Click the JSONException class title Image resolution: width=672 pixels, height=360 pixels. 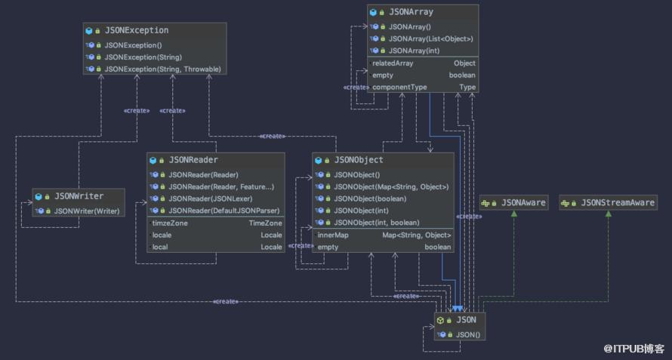pyautogui.click(x=137, y=30)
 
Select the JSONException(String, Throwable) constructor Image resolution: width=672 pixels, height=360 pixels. pyautogui.click(x=163, y=69)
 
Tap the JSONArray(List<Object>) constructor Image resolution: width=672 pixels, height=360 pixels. pyautogui.click(x=430, y=38)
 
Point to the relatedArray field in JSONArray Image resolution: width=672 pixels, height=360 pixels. pyautogui.click(x=393, y=63)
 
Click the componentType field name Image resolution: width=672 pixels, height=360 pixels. pyautogui.click(x=399, y=87)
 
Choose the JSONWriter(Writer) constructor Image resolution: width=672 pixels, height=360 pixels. pyautogui.click(x=87, y=211)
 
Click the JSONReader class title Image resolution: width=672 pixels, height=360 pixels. pyautogui.click(x=193, y=160)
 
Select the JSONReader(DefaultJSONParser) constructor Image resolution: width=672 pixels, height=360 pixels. pyautogui.click(x=223, y=211)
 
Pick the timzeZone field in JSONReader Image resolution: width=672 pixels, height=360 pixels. pyautogui.click(x=170, y=223)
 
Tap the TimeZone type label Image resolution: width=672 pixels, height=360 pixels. pyautogui.click(x=265, y=223)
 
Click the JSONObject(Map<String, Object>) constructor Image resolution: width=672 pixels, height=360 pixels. pyautogui.click(x=391, y=187)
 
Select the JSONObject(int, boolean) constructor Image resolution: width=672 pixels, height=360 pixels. pyautogui.click(x=377, y=223)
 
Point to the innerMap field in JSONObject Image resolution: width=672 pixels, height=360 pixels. pyautogui.click(x=332, y=235)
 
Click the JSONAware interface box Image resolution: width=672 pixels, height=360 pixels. pyautogui.click(x=514, y=203)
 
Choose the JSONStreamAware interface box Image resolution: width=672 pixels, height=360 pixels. pyautogui.click(x=608, y=203)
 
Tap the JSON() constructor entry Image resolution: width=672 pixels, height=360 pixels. pyautogui.click(x=468, y=334)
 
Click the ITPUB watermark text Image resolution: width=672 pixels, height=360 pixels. pyautogui.click(x=633, y=349)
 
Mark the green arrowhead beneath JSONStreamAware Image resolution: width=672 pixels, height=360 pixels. pyautogui.click(x=608, y=214)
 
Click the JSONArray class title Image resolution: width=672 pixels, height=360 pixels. pyautogui.click(x=411, y=12)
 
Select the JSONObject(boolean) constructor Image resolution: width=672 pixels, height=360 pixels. pyautogui.click(x=370, y=198)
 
